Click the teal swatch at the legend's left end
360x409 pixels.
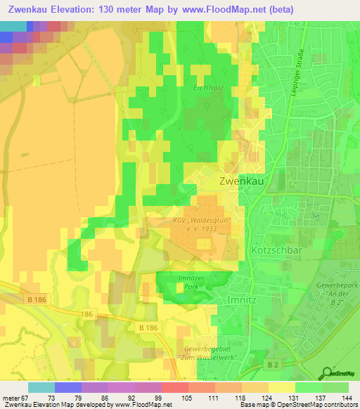41,387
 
